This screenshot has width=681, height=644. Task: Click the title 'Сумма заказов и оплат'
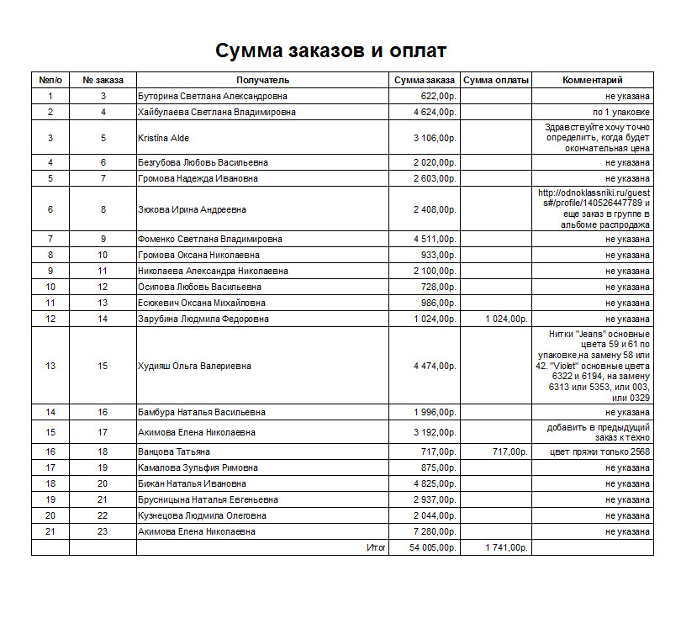click(330, 50)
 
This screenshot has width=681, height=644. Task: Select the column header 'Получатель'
click(262, 81)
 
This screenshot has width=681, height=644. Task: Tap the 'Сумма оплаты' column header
click(496, 81)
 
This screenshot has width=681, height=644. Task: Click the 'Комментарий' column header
click(592, 81)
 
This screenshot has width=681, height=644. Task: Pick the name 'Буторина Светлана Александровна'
click(213, 97)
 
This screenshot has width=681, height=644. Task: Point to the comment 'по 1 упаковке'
click(620, 113)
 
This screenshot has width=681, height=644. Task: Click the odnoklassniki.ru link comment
click(594, 209)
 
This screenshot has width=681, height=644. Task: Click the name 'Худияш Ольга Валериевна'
click(194, 367)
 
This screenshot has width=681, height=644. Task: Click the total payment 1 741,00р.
click(506, 548)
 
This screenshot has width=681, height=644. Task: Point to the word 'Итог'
click(376, 548)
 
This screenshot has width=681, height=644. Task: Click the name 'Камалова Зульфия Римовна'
click(198, 468)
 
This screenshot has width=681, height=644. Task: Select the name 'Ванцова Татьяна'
click(174, 452)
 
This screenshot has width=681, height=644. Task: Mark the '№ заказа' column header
click(103, 81)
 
